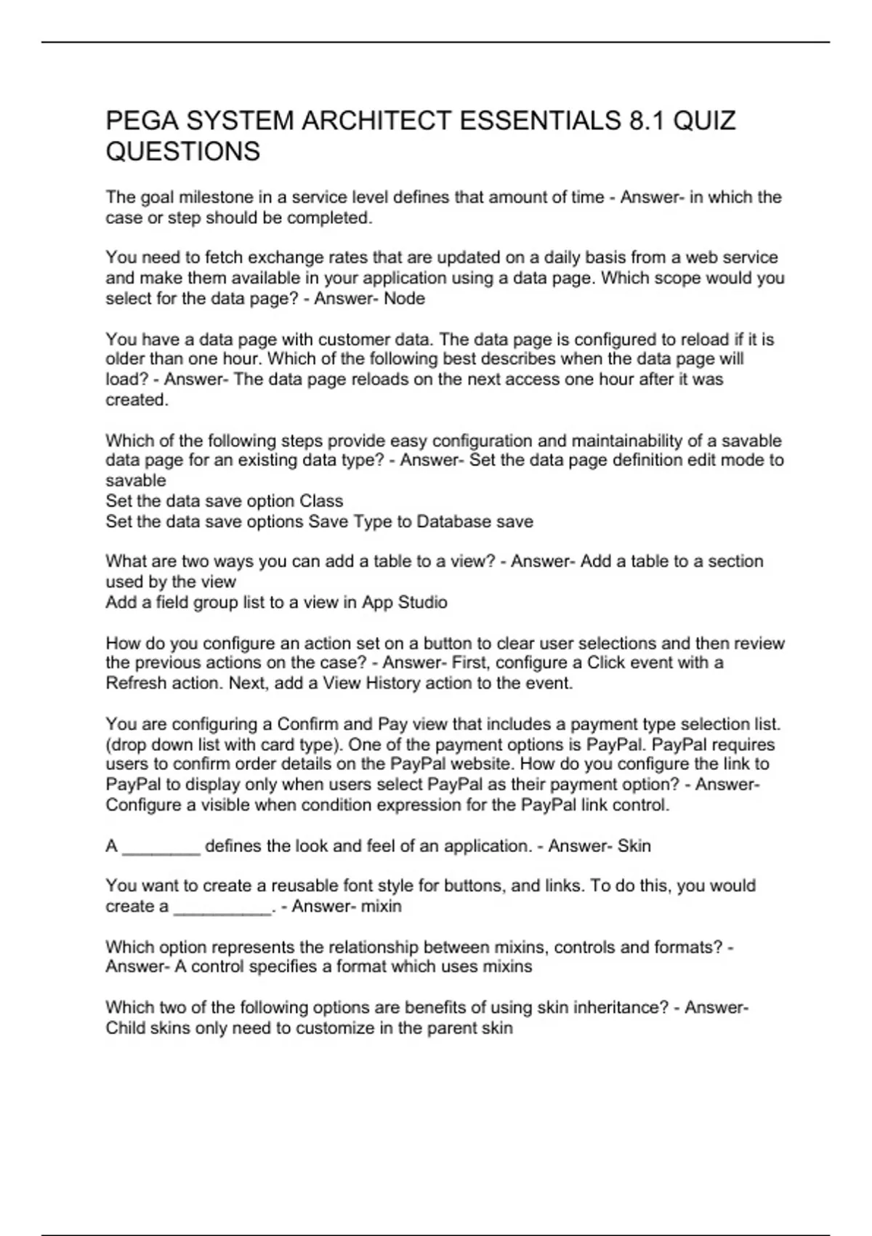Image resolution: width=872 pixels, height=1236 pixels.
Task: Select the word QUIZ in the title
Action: coord(704,121)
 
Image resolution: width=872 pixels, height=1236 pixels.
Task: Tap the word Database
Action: coord(453,521)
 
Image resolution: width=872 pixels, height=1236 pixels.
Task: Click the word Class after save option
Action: coord(320,501)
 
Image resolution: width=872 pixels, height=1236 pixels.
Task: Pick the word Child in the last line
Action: coord(124,1028)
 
